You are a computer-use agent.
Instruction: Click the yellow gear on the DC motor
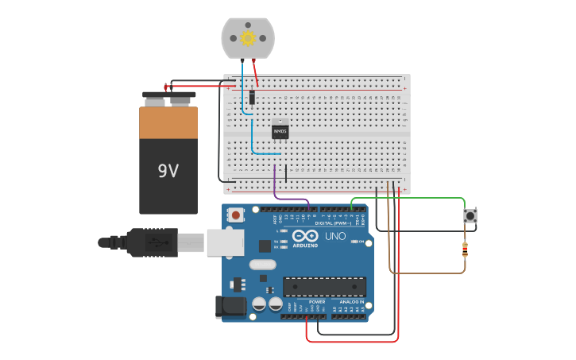(247, 37)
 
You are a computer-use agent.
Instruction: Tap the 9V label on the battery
(168, 171)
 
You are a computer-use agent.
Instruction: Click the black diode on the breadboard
(252, 97)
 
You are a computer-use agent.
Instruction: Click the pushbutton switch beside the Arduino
(471, 215)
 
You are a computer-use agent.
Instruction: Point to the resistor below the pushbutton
(465, 251)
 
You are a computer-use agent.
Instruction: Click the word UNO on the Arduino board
(335, 236)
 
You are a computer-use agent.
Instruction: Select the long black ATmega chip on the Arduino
(324, 287)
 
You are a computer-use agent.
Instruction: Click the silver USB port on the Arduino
(225, 242)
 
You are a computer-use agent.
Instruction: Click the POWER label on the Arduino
(317, 302)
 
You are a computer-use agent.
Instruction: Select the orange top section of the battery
(168, 123)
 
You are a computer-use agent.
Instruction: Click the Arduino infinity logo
(305, 236)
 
